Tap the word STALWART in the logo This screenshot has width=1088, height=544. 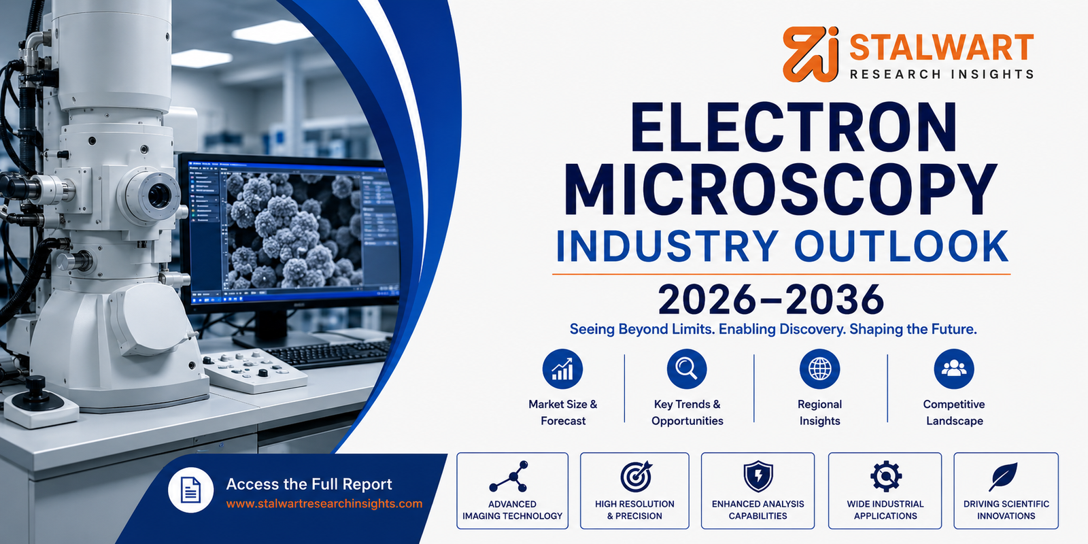941,48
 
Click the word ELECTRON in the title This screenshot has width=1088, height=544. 794,126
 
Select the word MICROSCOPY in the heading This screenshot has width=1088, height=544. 781,189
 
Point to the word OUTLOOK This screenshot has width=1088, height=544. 901,246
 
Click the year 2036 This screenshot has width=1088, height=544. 835,300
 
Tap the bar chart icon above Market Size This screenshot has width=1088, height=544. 562,369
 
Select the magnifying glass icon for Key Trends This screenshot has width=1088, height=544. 687,369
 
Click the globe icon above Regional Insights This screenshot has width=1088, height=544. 820,369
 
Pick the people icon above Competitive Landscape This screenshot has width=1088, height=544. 954,369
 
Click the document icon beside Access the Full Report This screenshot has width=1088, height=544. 190,490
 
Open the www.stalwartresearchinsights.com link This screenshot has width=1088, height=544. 324,504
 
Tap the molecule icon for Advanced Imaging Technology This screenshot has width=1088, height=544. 509,477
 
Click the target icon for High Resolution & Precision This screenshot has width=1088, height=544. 636,477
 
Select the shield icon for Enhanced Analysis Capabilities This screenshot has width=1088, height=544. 758,477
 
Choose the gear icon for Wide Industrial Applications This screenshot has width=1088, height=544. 886,477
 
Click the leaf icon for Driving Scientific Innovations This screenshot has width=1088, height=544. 1004,477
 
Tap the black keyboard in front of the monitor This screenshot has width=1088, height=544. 330,354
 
